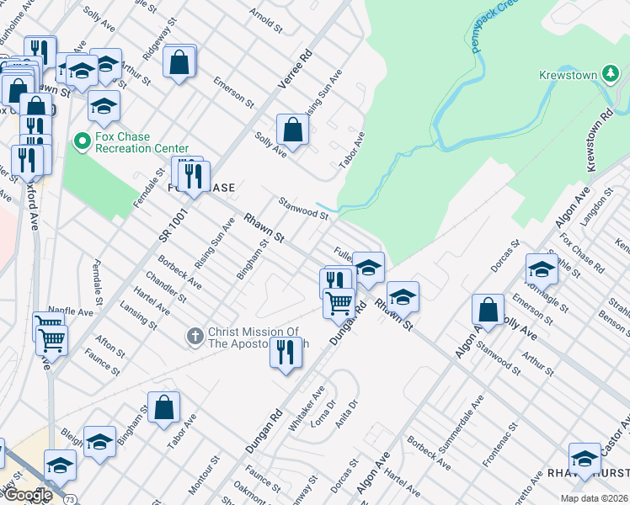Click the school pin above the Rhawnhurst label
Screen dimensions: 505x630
click(585, 458)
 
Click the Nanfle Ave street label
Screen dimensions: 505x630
click(71, 311)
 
